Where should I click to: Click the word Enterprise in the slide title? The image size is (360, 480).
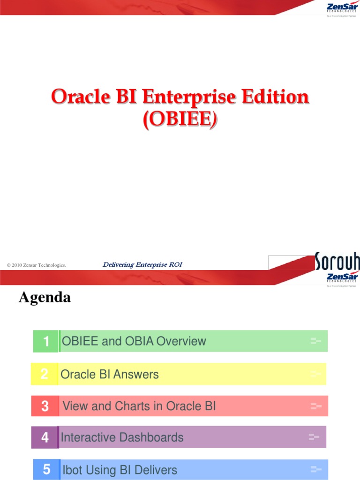point(184,97)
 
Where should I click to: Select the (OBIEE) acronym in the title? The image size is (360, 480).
point(180,120)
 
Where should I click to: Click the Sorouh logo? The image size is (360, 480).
point(337,262)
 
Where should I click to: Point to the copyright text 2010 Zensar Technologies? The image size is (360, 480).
point(37,265)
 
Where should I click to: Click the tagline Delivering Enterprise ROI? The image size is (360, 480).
point(142,265)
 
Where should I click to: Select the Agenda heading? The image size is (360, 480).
point(45,297)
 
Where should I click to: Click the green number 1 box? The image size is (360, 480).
point(46,341)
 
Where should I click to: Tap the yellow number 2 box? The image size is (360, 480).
point(44,374)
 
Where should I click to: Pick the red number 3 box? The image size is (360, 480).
point(45,406)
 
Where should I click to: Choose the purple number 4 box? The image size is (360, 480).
point(45,437)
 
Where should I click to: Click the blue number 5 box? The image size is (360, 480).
point(46,470)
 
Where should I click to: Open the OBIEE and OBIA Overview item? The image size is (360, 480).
point(134,341)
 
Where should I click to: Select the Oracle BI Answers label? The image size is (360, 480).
point(110,374)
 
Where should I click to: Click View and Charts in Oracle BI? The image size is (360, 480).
point(139,406)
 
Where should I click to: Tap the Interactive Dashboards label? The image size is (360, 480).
point(122,437)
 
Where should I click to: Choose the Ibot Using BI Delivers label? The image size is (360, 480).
point(120,470)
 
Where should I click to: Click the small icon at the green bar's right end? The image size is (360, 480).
point(315,341)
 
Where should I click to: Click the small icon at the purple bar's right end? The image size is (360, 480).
point(314,437)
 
